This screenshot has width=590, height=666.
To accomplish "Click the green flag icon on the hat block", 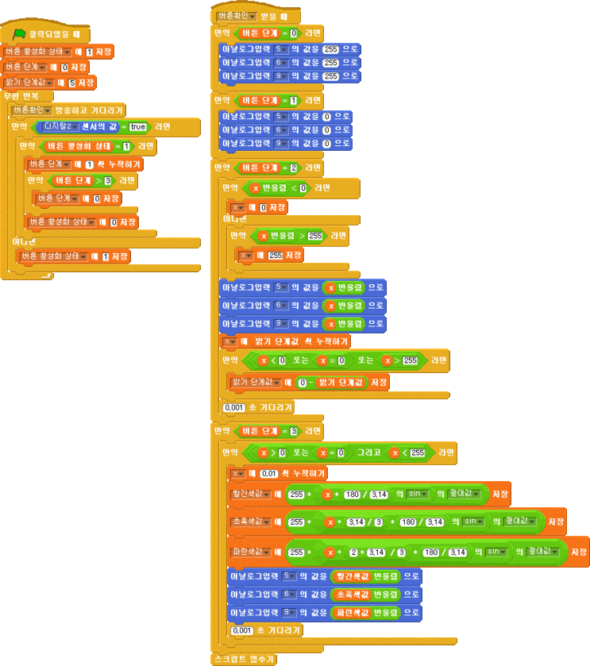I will click(20, 34).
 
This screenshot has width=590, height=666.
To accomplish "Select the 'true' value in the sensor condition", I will click(138, 126).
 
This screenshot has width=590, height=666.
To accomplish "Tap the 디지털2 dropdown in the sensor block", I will click(61, 126).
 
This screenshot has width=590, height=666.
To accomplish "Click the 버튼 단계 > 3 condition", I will click(78, 181).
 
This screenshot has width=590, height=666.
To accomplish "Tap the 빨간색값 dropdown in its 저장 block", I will click(251, 494).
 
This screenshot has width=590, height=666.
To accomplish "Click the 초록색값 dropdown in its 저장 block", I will click(251, 522).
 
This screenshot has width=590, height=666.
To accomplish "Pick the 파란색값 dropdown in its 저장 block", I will click(251, 552).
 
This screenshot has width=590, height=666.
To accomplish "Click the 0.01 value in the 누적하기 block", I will click(269, 474).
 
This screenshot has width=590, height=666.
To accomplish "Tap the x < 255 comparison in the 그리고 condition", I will click(407, 452).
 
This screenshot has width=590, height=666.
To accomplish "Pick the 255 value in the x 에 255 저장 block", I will click(275, 256).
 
